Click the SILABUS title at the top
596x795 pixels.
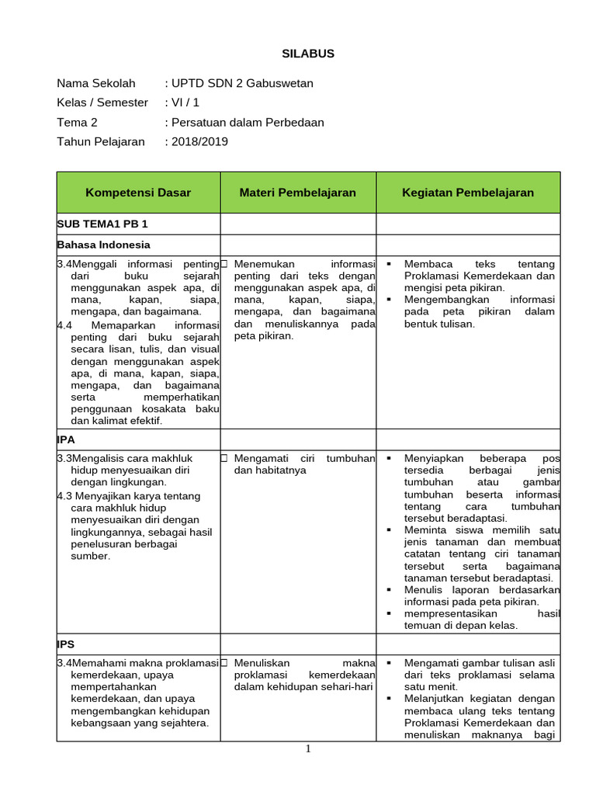(x=307, y=54)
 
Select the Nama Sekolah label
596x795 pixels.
(x=96, y=83)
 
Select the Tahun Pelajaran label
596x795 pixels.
(x=101, y=141)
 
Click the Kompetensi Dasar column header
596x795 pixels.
(x=138, y=193)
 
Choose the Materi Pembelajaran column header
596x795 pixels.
(x=297, y=193)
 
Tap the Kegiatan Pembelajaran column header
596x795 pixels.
(x=467, y=193)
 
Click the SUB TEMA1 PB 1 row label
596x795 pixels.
(x=102, y=224)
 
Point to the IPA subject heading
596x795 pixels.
(x=66, y=439)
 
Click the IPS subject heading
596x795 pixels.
(x=66, y=644)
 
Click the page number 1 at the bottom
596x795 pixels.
(x=308, y=748)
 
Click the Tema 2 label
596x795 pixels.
(x=78, y=122)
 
